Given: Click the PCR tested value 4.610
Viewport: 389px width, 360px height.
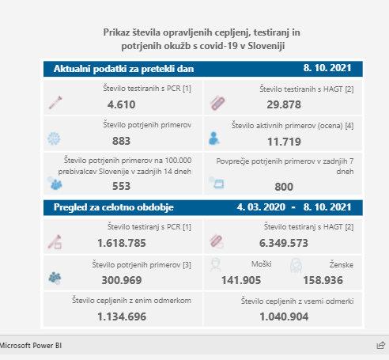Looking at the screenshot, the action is tap(122, 104).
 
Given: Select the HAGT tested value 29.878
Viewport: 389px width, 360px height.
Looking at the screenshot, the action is tap(284, 104).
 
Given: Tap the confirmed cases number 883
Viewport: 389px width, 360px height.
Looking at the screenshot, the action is tap(121, 141).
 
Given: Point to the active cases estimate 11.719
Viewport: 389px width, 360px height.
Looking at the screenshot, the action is tap(284, 142).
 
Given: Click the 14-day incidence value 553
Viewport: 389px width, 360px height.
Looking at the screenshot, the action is tap(121, 186).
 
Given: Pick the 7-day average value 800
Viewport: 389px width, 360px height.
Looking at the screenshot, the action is tap(284, 187).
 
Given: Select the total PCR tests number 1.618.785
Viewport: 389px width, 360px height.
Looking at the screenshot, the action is tap(122, 243).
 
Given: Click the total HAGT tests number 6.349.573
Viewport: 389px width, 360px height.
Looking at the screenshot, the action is tap(284, 243).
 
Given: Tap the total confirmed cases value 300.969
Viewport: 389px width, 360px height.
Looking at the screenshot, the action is tap(122, 280).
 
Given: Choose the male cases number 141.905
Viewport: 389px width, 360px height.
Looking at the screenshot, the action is tap(241, 280).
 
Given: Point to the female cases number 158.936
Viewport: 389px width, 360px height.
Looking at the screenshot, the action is tap(323, 280).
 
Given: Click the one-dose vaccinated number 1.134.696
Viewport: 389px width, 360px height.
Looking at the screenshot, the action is tap(122, 316).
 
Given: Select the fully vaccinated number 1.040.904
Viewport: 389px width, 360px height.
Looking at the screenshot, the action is tap(284, 316).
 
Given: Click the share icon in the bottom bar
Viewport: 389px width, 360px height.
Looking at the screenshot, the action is tap(381, 345).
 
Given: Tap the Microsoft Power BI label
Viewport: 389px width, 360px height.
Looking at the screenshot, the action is tap(31, 346).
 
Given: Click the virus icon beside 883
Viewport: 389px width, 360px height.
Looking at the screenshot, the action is tap(54, 138).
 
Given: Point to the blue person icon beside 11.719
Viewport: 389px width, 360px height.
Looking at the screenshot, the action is tap(213, 138).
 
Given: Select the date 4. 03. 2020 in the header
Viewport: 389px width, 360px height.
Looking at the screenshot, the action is tap(261, 207).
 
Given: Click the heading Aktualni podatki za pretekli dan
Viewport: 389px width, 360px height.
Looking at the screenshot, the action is tap(124, 69).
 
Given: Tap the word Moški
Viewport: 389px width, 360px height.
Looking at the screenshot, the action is tap(262, 264).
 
